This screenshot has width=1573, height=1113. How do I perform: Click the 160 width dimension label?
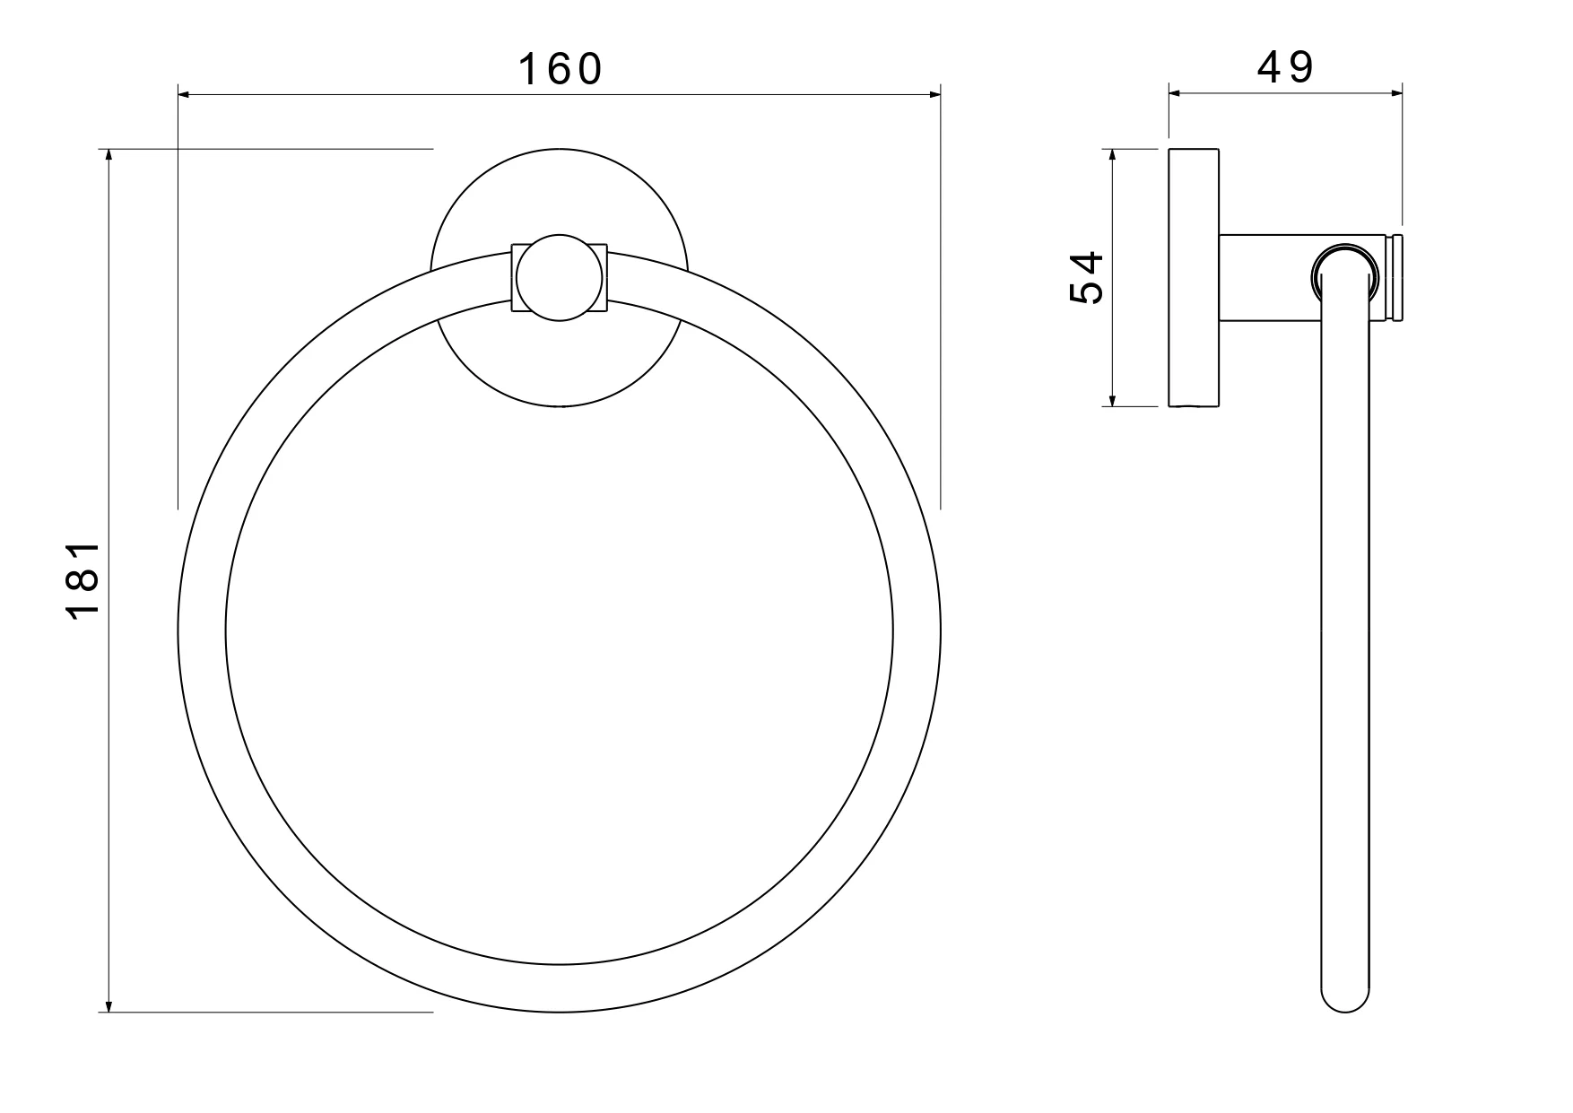tap(560, 69)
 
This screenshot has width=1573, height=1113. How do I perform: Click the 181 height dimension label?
tap(83, 580)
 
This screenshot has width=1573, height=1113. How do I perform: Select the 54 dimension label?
tap(1087, 278)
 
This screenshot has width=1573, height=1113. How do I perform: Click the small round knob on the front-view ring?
tap(560, 278)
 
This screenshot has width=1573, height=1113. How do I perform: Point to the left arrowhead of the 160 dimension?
tap(185, 92)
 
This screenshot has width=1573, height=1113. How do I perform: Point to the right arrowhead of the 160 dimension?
tap(934, 92)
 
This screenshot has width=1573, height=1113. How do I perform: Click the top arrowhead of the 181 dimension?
tap(109, 155)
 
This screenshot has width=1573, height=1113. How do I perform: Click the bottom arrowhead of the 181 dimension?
tap(109, 1005)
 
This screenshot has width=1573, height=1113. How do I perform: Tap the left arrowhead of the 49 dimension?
tap(1175, 91)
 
